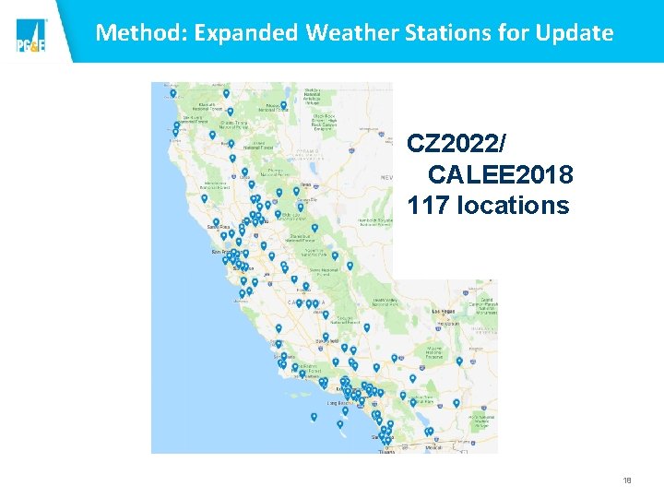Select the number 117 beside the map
428,205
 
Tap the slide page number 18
627,480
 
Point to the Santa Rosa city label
219,226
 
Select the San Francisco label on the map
220,251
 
